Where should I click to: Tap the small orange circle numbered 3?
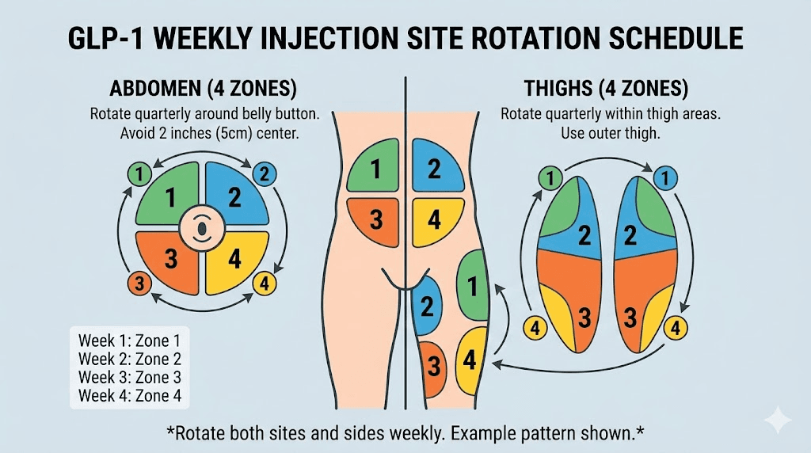(x=139, y=284)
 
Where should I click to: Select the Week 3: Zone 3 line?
(x=124, y=377)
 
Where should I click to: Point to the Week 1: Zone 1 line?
(x=124, y=341)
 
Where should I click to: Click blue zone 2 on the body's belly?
(x=434, y=169)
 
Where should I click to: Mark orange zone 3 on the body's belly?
(x=375, y=220)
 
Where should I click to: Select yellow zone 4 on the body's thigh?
(x=470, y=360)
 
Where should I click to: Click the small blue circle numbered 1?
(x=664, y=179)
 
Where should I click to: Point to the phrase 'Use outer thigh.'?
(x=609, y=133)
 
